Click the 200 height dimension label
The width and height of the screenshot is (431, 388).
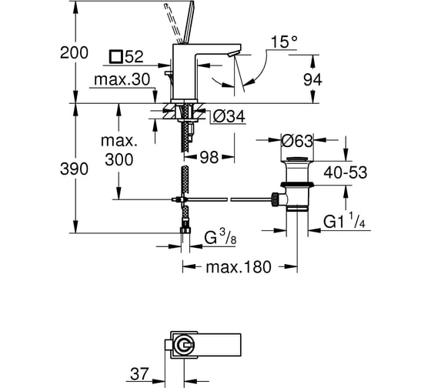(x=74, y=52)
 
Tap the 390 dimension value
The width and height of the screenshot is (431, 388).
(x=74, y=169)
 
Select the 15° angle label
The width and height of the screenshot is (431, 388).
(x=284, y=42)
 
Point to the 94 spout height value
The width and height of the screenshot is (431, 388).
(x=312, y=80)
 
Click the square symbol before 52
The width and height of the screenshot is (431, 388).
(x=115, y=57)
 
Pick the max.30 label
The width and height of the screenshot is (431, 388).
(x=122, y=79)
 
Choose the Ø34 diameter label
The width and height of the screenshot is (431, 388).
(x=229, y=116)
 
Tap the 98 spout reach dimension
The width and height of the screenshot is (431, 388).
(x=209, y=158)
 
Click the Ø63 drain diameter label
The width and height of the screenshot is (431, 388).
(x=297, y=141)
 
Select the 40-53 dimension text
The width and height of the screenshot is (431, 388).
(x=346, y=172)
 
